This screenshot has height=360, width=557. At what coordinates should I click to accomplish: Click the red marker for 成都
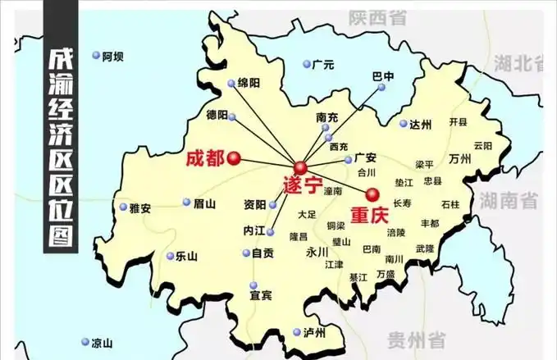tap(235, 158)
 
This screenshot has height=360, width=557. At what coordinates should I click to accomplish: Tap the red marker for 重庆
tap(372, 194)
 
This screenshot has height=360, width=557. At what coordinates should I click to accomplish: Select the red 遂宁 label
tap(302, 185)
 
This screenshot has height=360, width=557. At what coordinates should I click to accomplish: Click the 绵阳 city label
tap(249, 83)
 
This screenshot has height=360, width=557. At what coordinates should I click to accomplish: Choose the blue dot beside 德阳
tap(232, 117)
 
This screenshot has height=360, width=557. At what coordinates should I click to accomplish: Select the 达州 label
tap(420, 125)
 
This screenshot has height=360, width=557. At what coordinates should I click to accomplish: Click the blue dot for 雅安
tap(124, 207)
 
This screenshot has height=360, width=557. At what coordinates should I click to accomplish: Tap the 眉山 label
tap(204, 203)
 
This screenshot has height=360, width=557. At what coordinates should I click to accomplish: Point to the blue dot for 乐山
tap(171, 256)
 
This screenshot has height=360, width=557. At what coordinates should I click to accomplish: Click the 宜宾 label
tap(262, 294)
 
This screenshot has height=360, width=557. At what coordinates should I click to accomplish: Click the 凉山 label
tap(102, 343)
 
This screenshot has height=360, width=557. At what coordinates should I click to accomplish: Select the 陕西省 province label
tap(377, 16)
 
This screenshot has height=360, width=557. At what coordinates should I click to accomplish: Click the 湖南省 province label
tap(509, 199)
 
